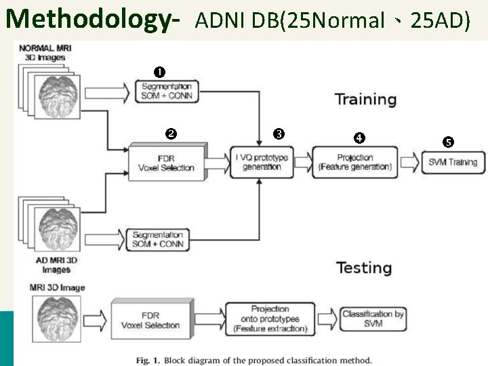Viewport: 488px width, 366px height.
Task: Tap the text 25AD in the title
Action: (x=441, y=21)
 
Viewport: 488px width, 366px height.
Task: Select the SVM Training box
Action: (x=453, y=162)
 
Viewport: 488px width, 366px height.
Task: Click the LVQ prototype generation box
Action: (x=262, y=163)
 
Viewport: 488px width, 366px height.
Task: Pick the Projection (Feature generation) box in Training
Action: (x=354, y=162)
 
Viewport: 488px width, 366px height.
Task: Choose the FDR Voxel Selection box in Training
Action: (x=166, y=163)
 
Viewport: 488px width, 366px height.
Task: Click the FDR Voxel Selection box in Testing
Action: (x=150, y=320)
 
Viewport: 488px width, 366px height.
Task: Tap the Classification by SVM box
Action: (x=373, y=319)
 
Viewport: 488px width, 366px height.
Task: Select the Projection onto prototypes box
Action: (x=270, y=319)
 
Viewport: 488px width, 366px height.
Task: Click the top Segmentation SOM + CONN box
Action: (x=166, y=91)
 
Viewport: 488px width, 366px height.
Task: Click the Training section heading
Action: (x=365, y=100)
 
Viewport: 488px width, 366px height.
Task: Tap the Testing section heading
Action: (x=364, y=268)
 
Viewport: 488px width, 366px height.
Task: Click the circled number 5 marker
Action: (x=448, y=142)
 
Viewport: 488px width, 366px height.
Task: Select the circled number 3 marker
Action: (x=279, y=134)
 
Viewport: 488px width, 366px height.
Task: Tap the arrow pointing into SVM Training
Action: (x=410, y=162)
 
